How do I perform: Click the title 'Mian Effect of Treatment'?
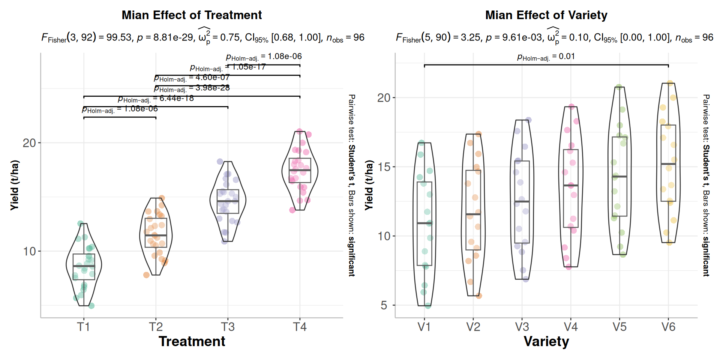pos(192,15)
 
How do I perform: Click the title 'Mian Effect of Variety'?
pos(546,15)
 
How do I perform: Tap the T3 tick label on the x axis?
pos(228,327)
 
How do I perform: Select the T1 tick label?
pos(84,327)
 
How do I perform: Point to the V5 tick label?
pos(619,327)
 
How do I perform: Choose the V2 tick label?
pos(473,327)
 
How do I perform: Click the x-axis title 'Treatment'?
pos(192,342)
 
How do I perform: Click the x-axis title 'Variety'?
pos(546,342)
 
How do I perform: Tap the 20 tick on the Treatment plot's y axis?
pos(29,143)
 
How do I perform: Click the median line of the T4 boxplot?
pos(300,170)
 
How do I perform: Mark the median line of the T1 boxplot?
pos(84,266)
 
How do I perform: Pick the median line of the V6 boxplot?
pos(668,164)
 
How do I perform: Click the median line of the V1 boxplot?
pos(424,223)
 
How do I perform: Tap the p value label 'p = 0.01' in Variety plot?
pos(546,57)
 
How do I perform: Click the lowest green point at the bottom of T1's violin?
pos(91,306)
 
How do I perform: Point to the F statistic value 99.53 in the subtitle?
pos(119,37)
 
